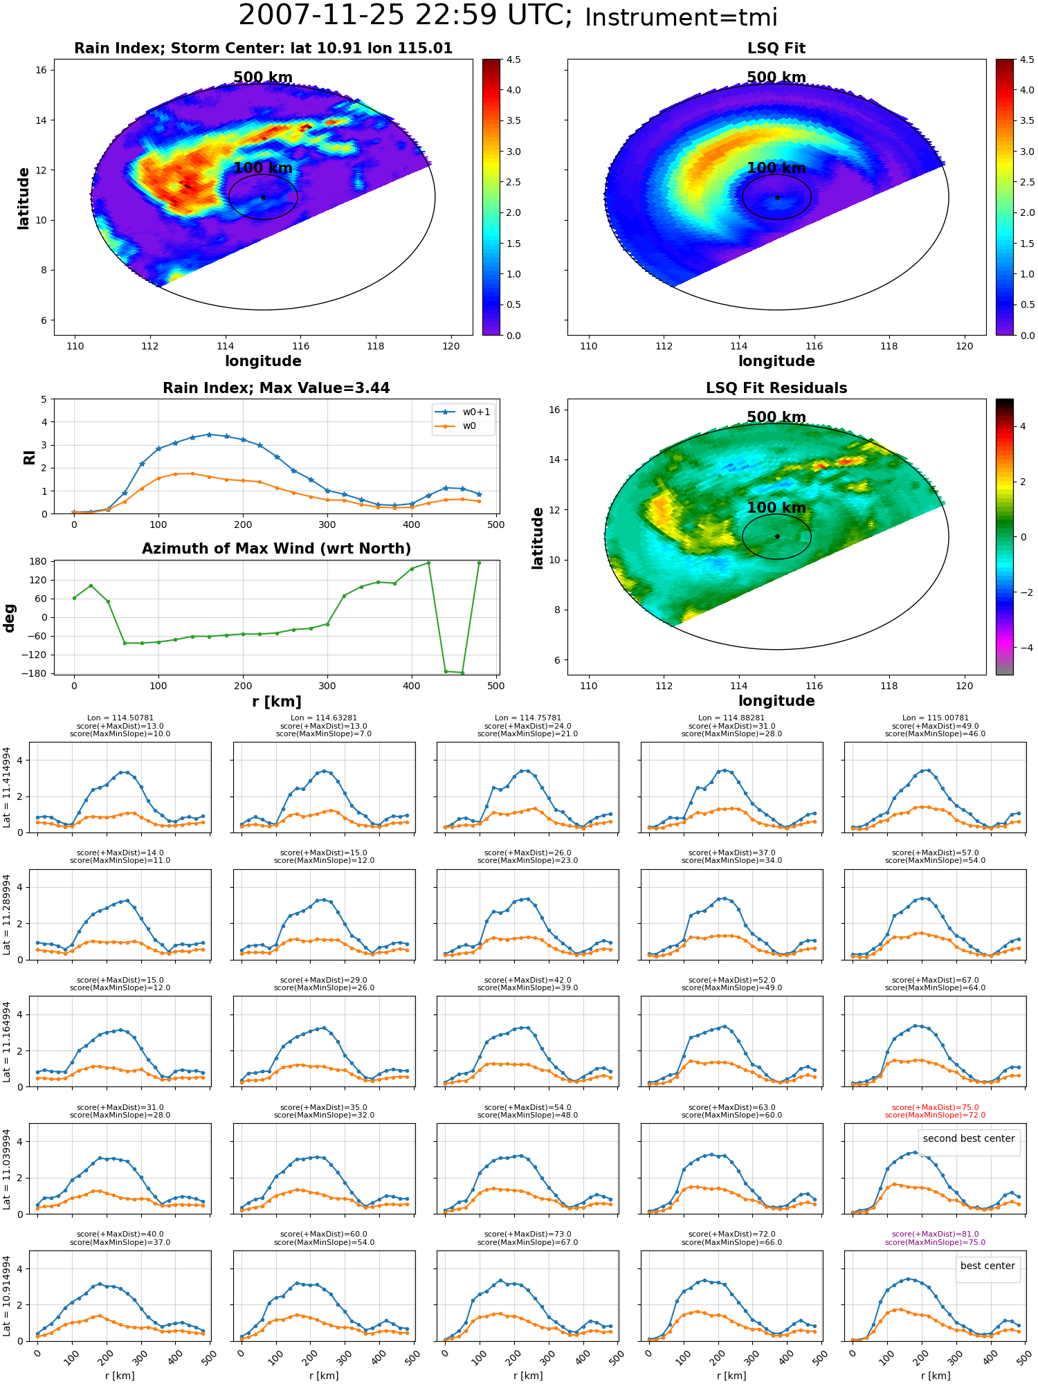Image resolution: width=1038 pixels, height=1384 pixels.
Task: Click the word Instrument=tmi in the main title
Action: [x=681, y=17]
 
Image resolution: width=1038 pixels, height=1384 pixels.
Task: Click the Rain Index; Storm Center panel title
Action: [x=263, y=48]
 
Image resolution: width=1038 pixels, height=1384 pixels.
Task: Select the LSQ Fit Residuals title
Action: [x=776, y=388]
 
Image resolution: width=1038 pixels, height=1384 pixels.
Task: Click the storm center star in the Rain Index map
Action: [x=263, y=197]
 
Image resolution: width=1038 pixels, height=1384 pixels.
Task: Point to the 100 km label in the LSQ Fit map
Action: [x=776, y=168]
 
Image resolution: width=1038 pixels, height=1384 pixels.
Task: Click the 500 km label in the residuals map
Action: [x=776, y=417]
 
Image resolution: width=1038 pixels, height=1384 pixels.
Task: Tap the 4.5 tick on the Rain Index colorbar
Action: [x=513, y=60]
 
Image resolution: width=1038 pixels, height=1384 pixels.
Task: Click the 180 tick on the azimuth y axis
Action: [x=39, y=561]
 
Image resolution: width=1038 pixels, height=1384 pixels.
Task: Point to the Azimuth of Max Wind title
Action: [x=276, y=549]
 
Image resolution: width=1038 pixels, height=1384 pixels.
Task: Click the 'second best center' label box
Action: [x=969, y=1138]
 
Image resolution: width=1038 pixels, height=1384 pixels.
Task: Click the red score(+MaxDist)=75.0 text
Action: [x=935, y=1107]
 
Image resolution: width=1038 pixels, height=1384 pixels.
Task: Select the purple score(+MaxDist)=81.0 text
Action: [x=935, y=1234]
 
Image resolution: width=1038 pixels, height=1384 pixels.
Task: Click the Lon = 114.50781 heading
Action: [x=120, y=718]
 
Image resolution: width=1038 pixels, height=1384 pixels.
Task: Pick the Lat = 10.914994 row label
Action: [x=7, y=1295]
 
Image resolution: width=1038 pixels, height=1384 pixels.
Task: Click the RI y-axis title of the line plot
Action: [x=30, y=457]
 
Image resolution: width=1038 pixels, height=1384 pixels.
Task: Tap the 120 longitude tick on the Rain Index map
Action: [x=450, y=346]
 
